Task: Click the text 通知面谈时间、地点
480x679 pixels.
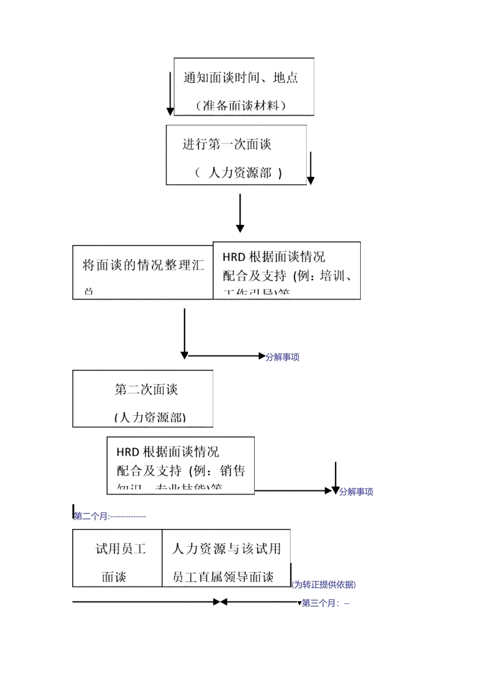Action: (241, 78)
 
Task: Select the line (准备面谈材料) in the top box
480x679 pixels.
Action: (241, 106)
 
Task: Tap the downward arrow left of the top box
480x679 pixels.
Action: (170, 93)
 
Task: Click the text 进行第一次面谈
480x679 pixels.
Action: (227, 144)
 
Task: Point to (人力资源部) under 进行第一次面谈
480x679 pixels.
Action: (238, 173)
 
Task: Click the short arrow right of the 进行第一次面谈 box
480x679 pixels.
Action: (311, 168)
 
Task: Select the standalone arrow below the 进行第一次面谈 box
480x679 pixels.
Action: (240, 213)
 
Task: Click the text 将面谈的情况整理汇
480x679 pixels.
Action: (143, 265)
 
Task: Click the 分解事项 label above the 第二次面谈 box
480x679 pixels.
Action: (282, 357)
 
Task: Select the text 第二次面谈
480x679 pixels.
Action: (146, 390)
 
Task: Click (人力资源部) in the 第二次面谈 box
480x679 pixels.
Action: (150, 417)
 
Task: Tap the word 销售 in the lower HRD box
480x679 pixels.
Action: (232, 471)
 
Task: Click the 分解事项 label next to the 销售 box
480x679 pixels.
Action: (356, 492)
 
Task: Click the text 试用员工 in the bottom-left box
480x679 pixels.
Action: (121, 549)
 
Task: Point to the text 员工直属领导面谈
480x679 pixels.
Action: (223, 577)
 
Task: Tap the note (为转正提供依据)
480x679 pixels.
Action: (324, 585)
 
